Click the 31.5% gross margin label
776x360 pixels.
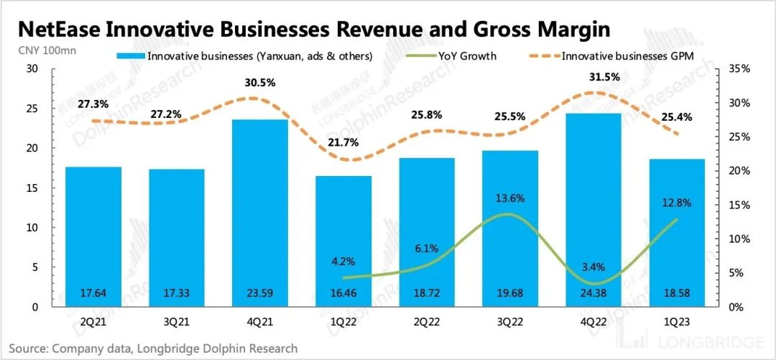click(591, 78)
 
